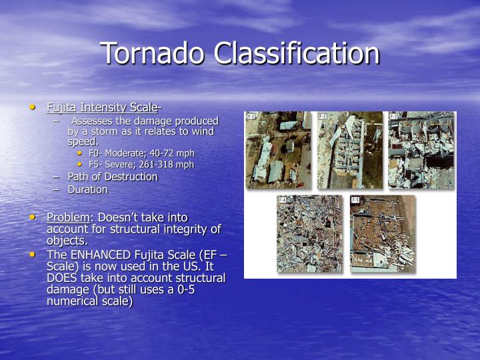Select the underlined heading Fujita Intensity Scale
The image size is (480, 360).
click(x=102, y=107)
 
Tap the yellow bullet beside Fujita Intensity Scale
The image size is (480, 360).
click(x=33, y=107)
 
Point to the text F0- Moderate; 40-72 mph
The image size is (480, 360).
click(x=141, y=153)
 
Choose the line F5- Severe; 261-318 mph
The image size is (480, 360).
click(x=141, y=165)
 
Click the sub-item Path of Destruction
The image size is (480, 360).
click(x=112, y=177)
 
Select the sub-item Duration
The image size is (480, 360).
click(x=87, y=190)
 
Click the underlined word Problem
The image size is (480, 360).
click(x=68, y=218)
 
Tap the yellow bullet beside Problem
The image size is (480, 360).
click(x=33, y=217)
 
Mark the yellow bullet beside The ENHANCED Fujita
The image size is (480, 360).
click(x=33, y=255)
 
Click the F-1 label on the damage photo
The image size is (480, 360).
click(x=251, y=117)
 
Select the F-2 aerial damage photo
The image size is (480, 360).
click(x=350, y=150)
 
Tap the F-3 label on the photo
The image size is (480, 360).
click(x=393, y=117)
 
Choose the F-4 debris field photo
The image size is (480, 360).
click(x=309, y=233)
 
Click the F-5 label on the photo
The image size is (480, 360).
click(x=355, y=200)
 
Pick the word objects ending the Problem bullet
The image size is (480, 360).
click(x=67, y=241)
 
